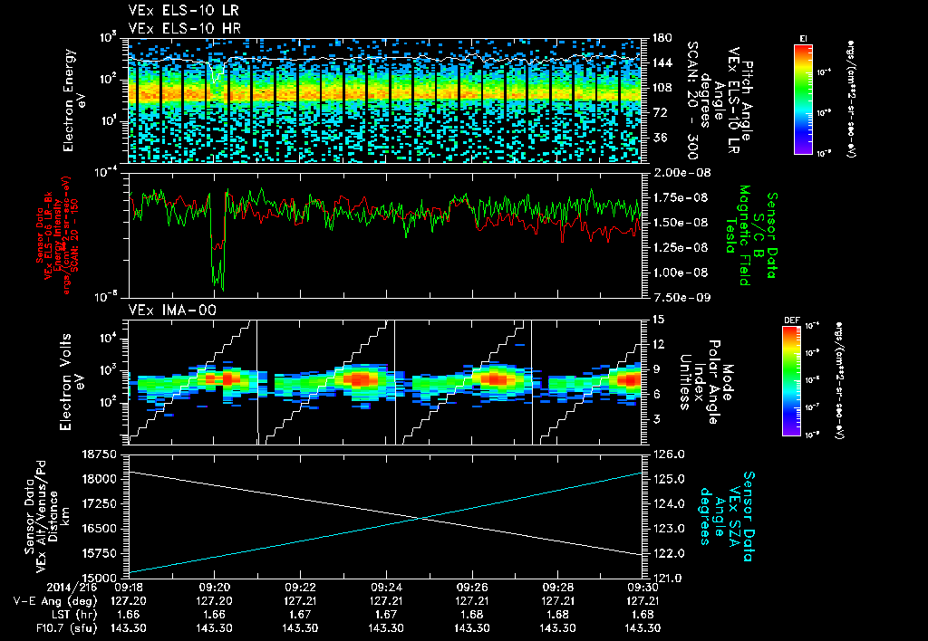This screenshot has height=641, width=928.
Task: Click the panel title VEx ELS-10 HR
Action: [177, 28]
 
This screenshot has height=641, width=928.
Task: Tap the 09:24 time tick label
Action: [386, 587]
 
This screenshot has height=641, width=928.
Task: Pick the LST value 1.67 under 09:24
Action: [386, 614]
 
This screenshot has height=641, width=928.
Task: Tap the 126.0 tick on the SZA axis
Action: [666, 454]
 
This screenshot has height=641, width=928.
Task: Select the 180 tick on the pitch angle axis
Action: [661, 38]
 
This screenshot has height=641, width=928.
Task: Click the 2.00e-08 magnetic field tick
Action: [677, 172]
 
